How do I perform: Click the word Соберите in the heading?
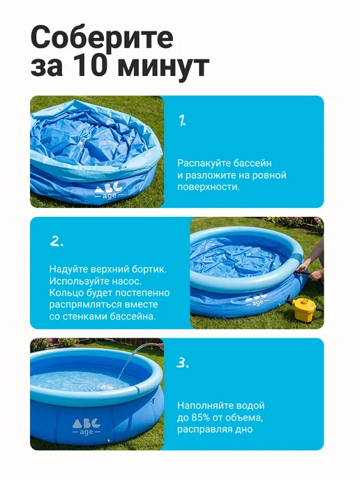[x=103, y=37]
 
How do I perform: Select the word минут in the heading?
[x=163, y=68]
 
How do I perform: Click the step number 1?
[x=182, y=120]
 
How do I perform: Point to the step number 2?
[x=57, y=241]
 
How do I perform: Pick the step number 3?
[x=183, y=363]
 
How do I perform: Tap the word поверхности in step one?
[x=208, y=187]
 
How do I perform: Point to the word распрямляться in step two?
[x=86, y=305]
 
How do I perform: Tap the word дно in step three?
[x=244, y=429]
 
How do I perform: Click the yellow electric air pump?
[x=304, y=309]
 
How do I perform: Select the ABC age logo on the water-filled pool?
[x=87, y=427]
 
